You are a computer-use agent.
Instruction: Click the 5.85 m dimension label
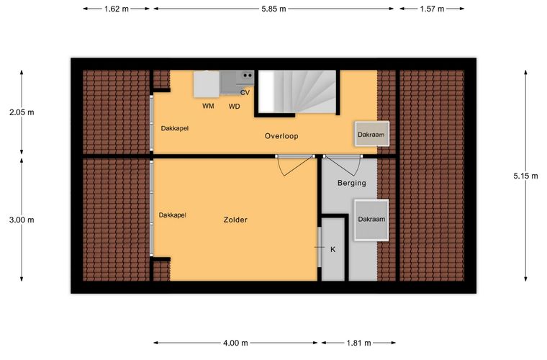click(x=273, y=9)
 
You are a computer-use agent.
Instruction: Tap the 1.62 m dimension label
click(x=117, y=9)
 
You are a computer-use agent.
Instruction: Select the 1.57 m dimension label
click(x=432, y=9)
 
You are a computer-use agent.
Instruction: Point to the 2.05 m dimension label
click(x=22, y=112)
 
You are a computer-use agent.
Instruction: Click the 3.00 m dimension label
click(x=22, y=220)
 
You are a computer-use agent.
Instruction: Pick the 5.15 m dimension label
click(x=525, y=176)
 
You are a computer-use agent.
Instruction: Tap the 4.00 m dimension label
click(x=235, y=343)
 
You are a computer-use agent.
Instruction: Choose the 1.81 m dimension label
click(x=358, y=343)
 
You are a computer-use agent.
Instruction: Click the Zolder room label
click(x=235, y=220)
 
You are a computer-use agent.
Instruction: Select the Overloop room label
click(x=281, y=136)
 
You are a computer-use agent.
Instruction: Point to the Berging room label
click(x=352, y=183)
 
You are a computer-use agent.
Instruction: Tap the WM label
click(x=208, y=106)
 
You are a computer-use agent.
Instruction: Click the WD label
click(x=235, y=107)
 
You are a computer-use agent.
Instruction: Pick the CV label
click(x=245, y=93)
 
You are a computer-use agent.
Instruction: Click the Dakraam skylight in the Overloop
click(x=372, y=134)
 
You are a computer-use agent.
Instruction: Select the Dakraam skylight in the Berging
click(x=371, y=220)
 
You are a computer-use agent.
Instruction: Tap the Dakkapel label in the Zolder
click(x=172, y=215)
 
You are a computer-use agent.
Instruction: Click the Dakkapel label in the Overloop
click(x=174, y=128)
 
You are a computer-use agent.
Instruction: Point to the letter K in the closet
click(x=333, y=249)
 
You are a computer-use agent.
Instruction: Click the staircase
click(x=297, y=91)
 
